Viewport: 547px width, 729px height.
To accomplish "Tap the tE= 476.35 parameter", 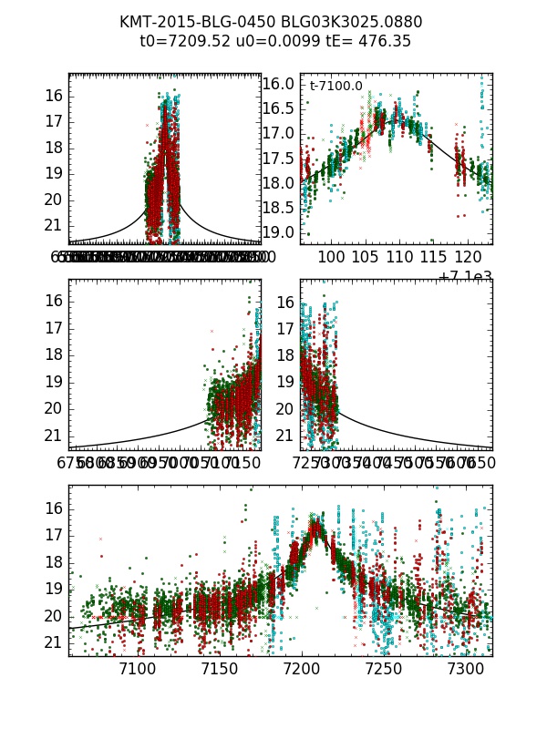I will (x=364, y=41).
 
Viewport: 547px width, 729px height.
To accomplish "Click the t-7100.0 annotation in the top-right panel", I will (x=336, y=87).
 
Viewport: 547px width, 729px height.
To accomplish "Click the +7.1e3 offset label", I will (x=465, y=277).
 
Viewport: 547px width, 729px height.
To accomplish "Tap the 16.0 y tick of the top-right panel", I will (x=278, y=84).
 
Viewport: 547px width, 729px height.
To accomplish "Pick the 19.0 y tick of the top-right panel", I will (x=278, y=232).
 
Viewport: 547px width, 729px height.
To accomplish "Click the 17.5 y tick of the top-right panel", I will (x=278, y=158).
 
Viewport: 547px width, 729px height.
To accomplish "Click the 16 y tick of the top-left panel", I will (x=53, y=96).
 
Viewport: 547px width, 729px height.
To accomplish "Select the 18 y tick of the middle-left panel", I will (x=53, y=354).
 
